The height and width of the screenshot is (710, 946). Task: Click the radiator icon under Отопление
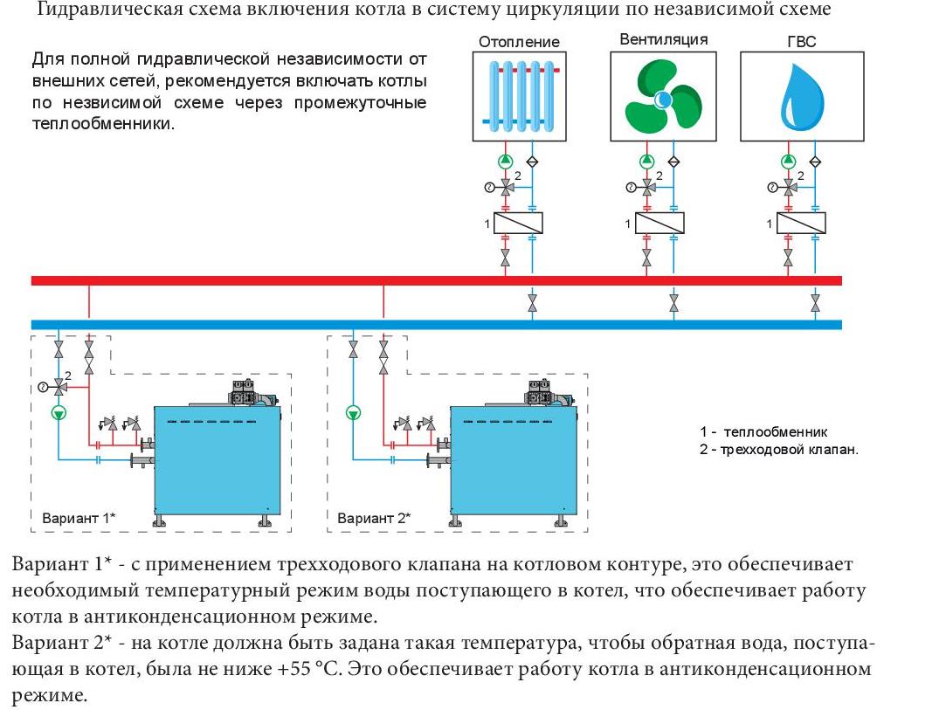click(x=519, y=95)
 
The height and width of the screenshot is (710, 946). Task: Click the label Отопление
click(x=519, y=41)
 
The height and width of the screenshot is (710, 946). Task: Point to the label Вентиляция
click(x=663, y=39)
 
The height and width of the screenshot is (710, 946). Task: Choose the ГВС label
click(x=800, y=41)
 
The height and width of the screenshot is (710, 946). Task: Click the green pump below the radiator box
click(x=505, y=161)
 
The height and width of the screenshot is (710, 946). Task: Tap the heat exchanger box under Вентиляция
click(x=659, y=224)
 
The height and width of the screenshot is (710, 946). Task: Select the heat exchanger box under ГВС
click(x=801, y=224)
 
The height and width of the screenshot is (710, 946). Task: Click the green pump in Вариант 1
click(x=58, y=413)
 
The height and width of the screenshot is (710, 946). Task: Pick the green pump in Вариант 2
click(x=353, y=413)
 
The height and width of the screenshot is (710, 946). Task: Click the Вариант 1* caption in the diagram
click(x=79, y=518)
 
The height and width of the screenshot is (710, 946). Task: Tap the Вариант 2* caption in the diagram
click(x=374, y=518)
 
